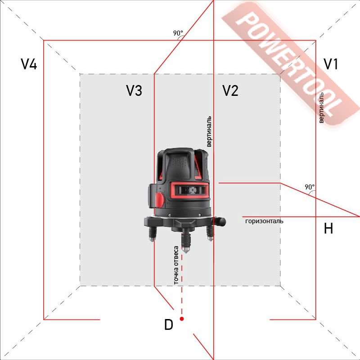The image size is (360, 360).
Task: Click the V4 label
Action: [x=29, y=64]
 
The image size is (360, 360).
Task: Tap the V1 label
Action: [x=331, y=64]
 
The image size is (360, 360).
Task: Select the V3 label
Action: [x=134, y=90]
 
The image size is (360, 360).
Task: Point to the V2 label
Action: [x=230, y=90]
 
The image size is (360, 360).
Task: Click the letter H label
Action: [x=328, y=228]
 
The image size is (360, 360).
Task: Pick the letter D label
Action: [x=169, y=324]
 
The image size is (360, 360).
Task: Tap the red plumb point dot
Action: [x=182, y=319]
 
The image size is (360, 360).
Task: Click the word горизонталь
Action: [x=264, y=221]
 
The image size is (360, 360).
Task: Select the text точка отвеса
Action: [x=176, y=265]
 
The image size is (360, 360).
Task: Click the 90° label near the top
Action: [x=178, y=33]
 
